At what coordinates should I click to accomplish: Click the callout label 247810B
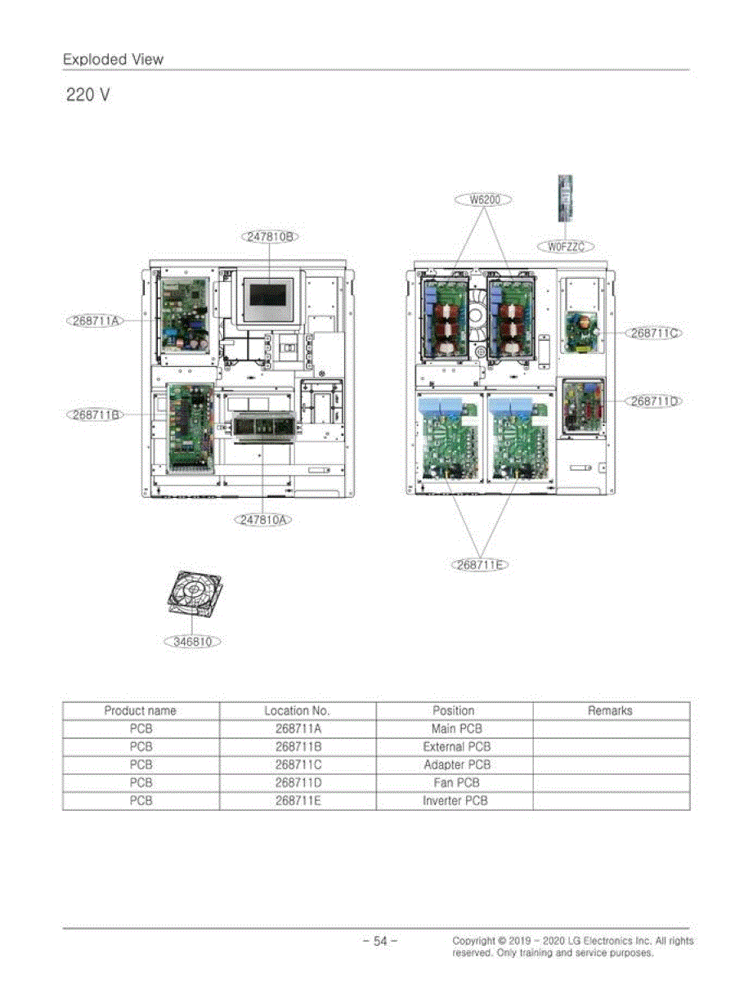(270, 236)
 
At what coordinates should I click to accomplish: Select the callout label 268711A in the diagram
(96, 320)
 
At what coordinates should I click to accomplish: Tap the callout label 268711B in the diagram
(96, 414)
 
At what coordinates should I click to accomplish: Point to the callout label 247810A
(262, 520)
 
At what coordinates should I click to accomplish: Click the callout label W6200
(483, 199)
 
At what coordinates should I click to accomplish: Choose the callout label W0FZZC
(566, 247)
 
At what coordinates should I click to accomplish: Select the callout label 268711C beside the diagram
(654, 334)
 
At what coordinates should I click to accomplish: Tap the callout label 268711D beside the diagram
(654, 401)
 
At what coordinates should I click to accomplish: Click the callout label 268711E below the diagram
(479, 565)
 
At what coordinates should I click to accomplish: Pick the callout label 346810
(192, 642)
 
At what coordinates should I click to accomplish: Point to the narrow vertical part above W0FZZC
(565, 198)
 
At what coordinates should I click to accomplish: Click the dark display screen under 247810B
(267, 295)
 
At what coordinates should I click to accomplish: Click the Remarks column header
(611, 710)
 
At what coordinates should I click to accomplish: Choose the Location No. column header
(298, 710)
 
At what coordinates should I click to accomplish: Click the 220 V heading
(88, 95)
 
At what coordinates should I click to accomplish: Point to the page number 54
(380, 941)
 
